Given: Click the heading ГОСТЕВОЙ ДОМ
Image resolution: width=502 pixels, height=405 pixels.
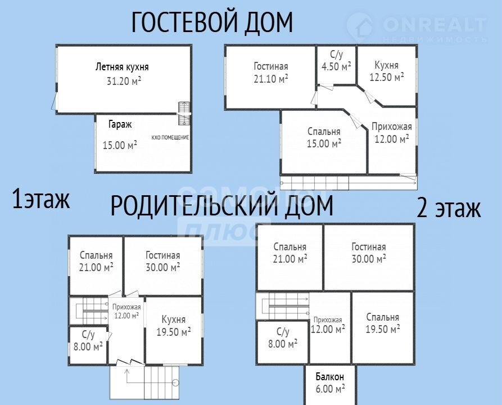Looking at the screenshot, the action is pos(212,22).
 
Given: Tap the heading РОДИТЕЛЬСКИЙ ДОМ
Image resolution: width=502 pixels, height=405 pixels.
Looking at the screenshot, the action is pos(222,205).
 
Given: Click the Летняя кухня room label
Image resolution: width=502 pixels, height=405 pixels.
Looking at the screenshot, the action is pos(122,67).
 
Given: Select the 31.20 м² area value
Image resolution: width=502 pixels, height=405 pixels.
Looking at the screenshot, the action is pos(124,81).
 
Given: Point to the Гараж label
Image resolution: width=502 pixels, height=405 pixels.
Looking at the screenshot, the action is pos(120,124).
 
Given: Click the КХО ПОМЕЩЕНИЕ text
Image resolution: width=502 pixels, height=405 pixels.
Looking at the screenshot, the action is pos(170,137).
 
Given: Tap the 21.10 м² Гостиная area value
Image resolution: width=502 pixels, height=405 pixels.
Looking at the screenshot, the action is pos(271,79).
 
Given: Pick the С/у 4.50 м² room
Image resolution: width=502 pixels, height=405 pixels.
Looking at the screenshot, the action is pos(336,60).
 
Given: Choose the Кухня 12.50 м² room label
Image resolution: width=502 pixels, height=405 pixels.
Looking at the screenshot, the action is pos(387,71).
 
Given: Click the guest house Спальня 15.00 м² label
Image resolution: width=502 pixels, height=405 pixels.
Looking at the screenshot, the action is pos(324,137).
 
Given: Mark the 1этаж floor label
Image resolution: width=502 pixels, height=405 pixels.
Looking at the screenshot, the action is pos(40,199).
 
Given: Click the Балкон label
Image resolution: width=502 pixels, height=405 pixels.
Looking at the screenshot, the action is pos(330,376).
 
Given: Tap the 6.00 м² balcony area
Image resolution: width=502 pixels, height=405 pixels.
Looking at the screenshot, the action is pos(330,389).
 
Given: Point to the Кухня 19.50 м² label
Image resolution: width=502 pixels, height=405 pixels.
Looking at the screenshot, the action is pos(174,326).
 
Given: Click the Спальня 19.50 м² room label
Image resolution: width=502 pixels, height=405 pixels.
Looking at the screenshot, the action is pos(383,323).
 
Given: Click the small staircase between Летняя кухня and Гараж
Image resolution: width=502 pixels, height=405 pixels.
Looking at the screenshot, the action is pos(184,114).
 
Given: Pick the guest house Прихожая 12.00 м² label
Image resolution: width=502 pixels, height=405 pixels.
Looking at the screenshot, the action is pos(392,133).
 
